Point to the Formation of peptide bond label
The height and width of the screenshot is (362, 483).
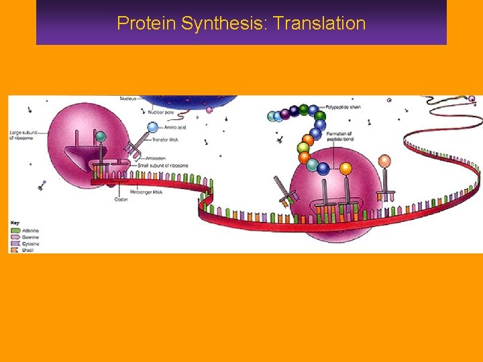pyautogui.click(x=340, y=137)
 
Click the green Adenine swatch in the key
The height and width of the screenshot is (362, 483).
pyautogui.click(x=15, y=230)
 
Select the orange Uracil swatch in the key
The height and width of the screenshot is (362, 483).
pyautogui.click(x=15, y=250)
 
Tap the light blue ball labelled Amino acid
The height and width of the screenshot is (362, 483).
pyautogui.click(x=152, y=127)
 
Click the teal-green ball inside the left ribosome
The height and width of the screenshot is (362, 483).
pyautogui.click(x=101, y=137)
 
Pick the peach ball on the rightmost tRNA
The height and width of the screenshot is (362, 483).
pyautogui.click(x=384, y=161)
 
